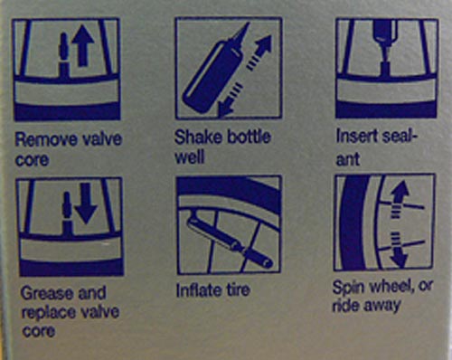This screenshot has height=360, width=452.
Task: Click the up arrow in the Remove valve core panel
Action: point(83,45)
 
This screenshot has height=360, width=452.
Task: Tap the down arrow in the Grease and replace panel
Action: point(86,203)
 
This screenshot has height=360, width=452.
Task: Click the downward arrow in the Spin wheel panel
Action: point(399,250)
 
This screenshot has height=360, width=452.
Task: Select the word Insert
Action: point(356,136)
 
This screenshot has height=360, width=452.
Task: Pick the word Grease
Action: point(42,292)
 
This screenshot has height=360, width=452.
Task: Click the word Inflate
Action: point(196,290)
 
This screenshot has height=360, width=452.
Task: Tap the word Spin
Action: point(349,287)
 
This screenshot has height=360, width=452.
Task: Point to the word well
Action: point(190,157)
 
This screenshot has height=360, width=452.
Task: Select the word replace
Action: point(47,312)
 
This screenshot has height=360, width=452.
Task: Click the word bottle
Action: point(249,137)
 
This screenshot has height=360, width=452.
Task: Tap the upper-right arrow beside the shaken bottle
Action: point(259,52)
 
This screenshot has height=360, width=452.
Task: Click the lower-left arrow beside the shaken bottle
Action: point(230,100)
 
